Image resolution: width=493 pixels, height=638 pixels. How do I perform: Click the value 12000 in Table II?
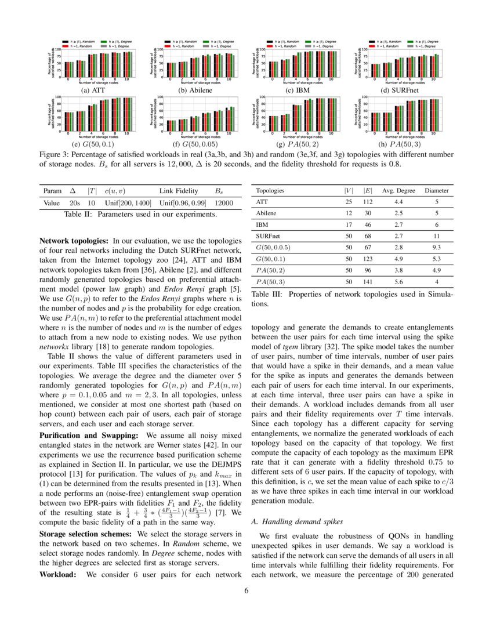(223, 203)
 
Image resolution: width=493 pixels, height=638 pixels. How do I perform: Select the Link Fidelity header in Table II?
(179, 190)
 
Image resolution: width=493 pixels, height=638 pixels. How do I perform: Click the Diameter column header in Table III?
(436, 190)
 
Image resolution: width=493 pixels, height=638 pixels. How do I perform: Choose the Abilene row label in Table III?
(267, 213)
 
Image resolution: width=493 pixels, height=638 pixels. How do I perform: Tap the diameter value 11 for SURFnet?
(436, 236)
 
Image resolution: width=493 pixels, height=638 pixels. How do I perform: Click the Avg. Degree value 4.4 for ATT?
(398, 202)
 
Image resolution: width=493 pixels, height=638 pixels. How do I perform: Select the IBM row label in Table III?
(262, 224)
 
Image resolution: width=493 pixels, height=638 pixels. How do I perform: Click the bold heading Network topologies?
(73, 240)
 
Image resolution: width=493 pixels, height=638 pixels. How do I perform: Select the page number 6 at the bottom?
(246, 590)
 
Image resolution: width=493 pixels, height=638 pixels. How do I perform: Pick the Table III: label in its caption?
(269, 294)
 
